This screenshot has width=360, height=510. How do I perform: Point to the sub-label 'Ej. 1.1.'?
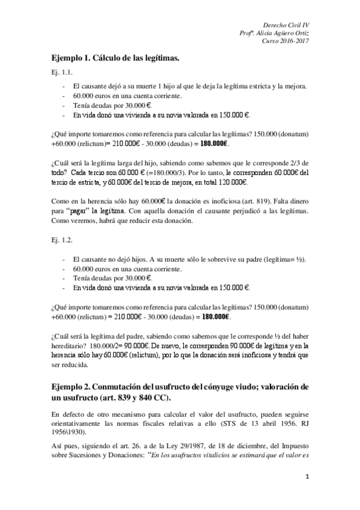point(62,73)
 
